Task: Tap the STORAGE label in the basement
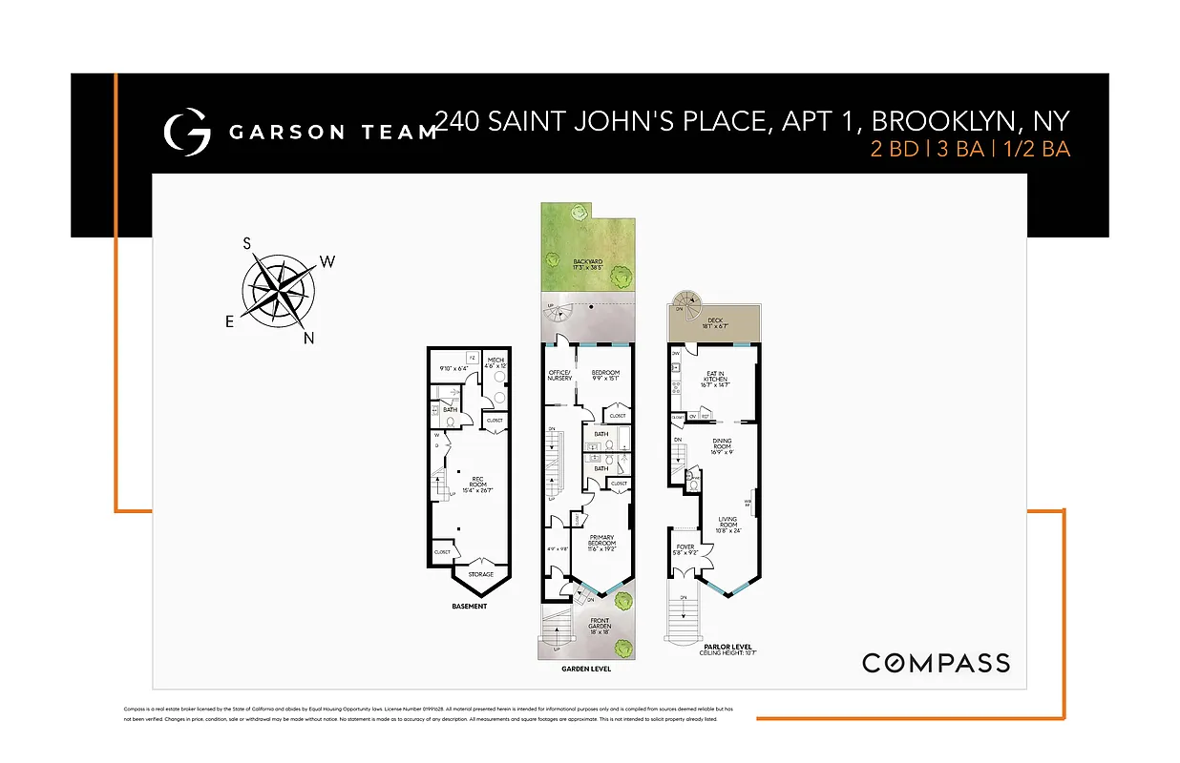[x=480, y=574]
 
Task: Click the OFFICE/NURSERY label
[x=560, y=375]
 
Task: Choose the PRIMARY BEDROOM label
[x=601, y=540]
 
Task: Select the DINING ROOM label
[x=722, y=444]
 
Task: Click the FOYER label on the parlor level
[x=685, y=548]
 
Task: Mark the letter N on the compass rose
[x=309, y=338]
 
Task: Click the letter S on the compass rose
[x=247, y=243]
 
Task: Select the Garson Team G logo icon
[x=187, y=134]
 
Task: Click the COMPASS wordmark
[x=936, y=663]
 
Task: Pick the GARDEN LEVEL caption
[x=586, y=669]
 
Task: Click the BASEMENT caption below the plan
[x=469, y=607]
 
